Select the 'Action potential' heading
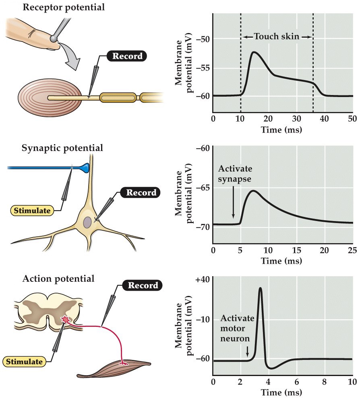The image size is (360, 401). (x=59, y=278)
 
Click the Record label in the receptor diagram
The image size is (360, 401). (x=126, y=56)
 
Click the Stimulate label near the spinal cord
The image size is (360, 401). (x=23, y=361)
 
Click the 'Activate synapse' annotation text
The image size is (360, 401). (x=236, y=173)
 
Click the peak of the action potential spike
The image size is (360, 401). (x=260, y=288)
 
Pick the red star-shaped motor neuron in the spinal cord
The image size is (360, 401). (x=64, y=320)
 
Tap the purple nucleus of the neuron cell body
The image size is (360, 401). (x=88, y=222)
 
